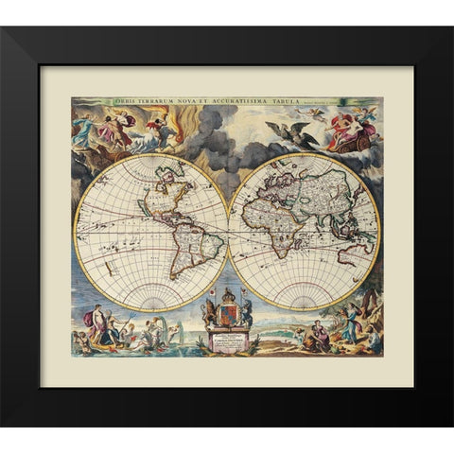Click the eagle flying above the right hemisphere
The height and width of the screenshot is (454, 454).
[285, 131]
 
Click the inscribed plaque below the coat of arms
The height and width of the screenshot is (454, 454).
[227, 340]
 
